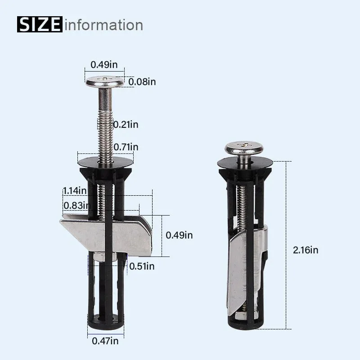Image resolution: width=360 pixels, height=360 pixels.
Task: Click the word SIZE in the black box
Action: tap(40, 24)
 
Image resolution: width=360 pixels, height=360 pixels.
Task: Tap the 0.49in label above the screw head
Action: tap(104, 64)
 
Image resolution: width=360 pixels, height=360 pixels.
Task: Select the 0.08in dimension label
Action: tap(142, 82)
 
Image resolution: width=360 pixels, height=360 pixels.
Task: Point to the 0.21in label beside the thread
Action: tap(126, 125)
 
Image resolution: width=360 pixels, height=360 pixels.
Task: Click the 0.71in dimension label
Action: tap(126, 147)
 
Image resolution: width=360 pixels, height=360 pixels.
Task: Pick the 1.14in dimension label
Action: tap(74, 190)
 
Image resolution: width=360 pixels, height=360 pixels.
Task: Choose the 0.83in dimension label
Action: tap(74, 205)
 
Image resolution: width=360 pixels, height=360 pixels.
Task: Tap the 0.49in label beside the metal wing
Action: tap(179, 235)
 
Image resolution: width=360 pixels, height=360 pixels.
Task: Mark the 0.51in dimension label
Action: tap(142, 266)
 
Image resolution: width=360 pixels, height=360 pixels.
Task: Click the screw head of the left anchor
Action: tap(105, 82)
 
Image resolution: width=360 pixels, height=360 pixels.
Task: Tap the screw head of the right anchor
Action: tap(244, 148)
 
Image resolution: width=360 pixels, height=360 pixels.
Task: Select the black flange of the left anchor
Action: tap(105, 160)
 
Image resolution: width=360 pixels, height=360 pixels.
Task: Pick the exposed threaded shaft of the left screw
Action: tap(105, 130)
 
